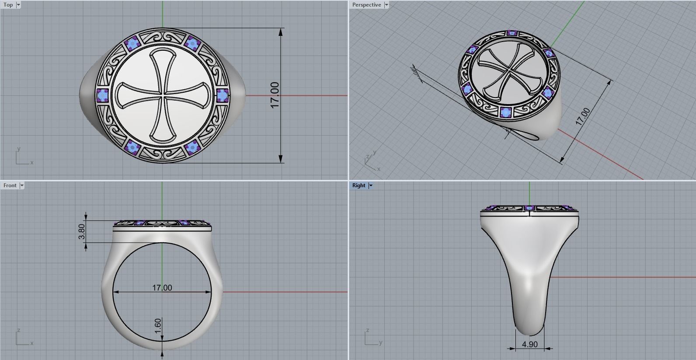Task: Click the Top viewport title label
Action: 8,5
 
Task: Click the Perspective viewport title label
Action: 366,5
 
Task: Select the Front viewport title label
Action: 10,185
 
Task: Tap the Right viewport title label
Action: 358,185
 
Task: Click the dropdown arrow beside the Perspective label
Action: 386,5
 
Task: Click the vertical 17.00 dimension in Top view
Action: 275,95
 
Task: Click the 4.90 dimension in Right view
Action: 529,344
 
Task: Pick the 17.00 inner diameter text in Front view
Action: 162,288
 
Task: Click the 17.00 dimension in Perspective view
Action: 583,117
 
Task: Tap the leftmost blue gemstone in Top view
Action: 102,95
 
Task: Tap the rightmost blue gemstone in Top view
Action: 222,95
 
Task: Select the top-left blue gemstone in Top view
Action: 132,43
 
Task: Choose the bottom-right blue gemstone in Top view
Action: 192,147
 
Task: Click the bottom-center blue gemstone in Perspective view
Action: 506,112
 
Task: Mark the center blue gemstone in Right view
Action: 529,208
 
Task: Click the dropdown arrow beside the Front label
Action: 22,185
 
